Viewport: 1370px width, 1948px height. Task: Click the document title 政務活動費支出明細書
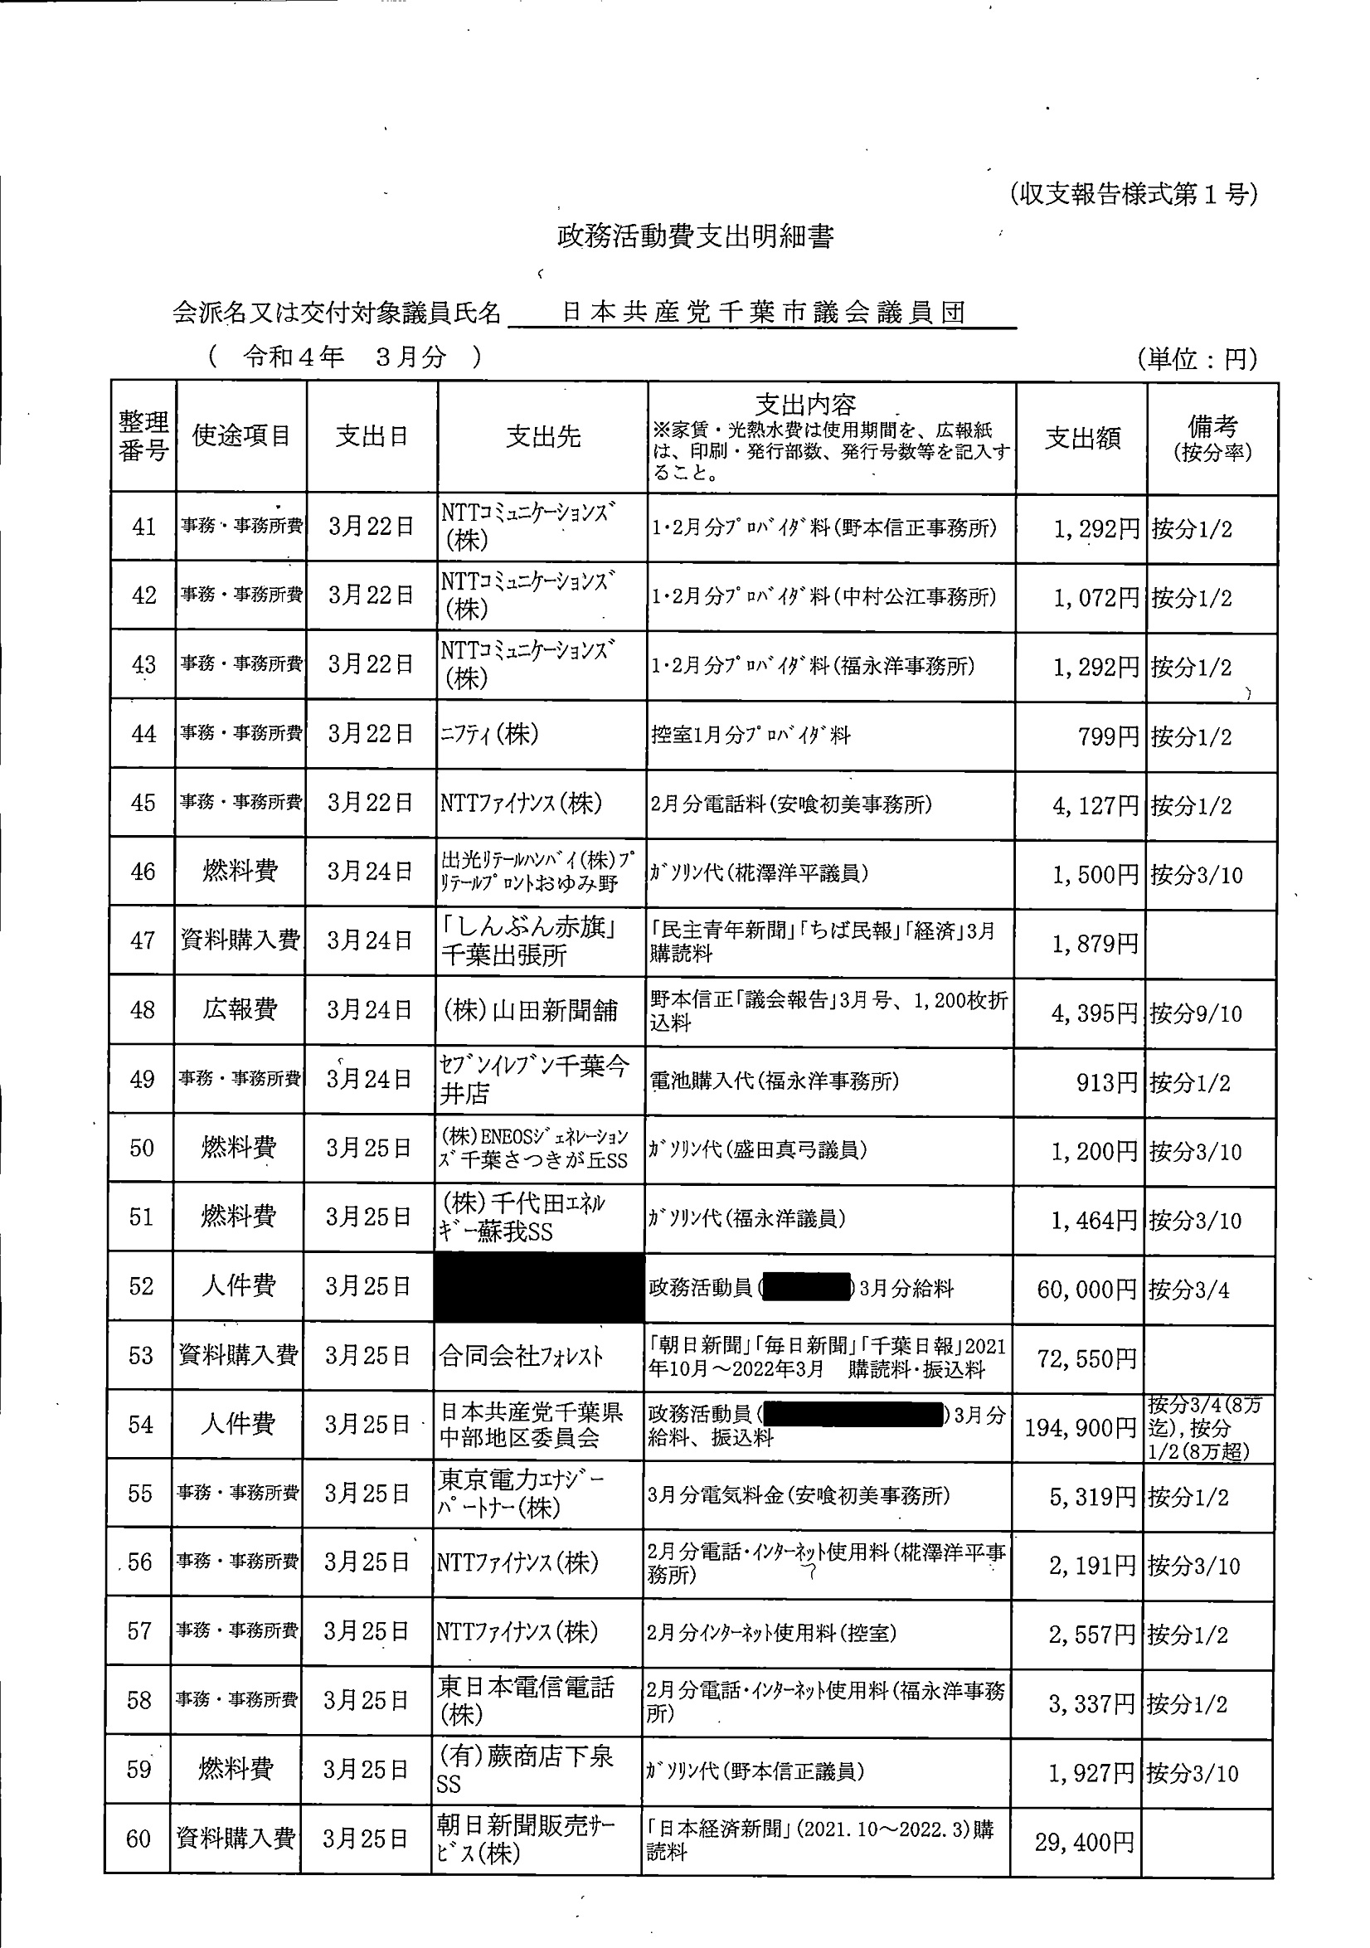pyautogui.click(x=695, y=236)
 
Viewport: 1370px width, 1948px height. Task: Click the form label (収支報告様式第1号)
pyautogui.click(x=1133, y=194)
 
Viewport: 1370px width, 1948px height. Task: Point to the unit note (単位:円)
pyautogui.click(x=1197, y=359)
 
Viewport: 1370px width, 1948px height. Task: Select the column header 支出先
pyautogui.click(x=543, y=437)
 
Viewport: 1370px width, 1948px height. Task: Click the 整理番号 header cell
pyautogui.click(x=143, y=436)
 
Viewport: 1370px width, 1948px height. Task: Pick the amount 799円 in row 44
pyautogui.click(x=1108, y=736)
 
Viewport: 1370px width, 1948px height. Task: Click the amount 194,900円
pyautogui.click(x=1080, y=1428)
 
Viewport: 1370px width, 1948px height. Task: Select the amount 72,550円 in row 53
pyautogui.click(x=1086, y=1359)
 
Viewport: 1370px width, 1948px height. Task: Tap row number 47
pyautogui.click(x=143, y=940)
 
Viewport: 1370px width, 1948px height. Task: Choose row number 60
pyautogui.click(x=138, y=1839)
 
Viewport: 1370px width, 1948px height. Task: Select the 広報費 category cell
pyautogui.click(x=240, y=1009)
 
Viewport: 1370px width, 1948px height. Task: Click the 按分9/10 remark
pyautogui.click(x=1195, y=1013)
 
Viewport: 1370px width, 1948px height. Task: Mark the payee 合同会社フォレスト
pyautogui.click(x=521, y=1357)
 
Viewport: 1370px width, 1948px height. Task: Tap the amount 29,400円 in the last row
pyautogui.click(x=1084, y=1842)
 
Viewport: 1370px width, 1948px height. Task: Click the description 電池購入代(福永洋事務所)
pyautogui.click(x=775, y=1081)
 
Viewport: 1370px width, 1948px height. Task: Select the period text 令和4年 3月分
pyautogui.click(x=344, y=357)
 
